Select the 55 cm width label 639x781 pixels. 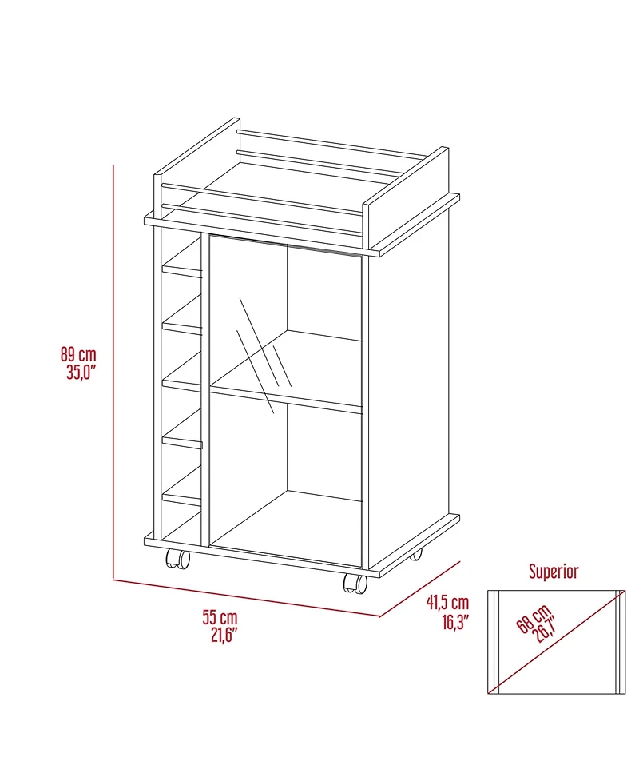coord(219,617)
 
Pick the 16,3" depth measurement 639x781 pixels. coord(452,620)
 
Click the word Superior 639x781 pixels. coord(554,571)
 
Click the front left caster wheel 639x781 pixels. coord(177,560)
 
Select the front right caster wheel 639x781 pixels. coord(355,584)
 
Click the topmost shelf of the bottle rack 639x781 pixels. coord(182,271)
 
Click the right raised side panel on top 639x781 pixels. coord(405,192)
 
